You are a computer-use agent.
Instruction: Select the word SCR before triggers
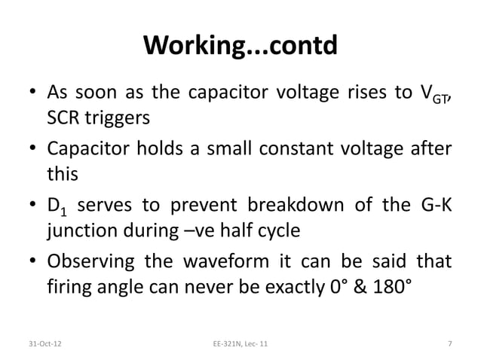pyautogui.click(x=65, y=119)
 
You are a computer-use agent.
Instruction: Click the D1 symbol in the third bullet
pyautogui.click(x=58, y=205)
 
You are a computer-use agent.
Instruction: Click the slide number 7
pyautogui.click(x=449, y=344)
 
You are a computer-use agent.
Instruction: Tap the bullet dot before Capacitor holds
pyautogui.click(x=32, y=151)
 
